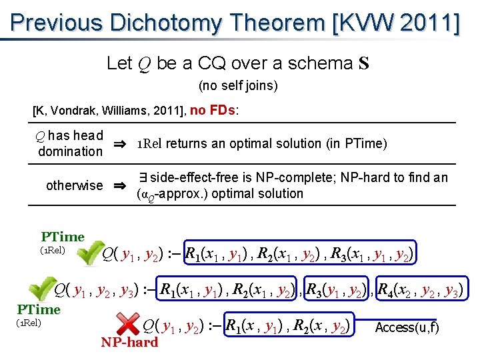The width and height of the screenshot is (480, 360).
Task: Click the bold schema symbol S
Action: [364, 64]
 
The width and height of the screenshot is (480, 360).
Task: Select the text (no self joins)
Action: [238, 86]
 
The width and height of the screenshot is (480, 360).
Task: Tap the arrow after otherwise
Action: [121, 186]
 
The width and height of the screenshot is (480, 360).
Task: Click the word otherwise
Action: [74, 186]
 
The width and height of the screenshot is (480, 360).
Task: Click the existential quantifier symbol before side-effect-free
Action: [142, 178]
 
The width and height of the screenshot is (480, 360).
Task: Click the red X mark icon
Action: [129, 325]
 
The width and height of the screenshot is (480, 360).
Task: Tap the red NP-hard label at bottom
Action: [129, 343]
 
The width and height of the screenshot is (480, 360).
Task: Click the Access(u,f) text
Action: [407, 328]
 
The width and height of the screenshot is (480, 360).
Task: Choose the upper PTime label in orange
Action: [63, 237]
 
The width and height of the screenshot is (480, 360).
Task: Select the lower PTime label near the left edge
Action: [39, 309]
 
